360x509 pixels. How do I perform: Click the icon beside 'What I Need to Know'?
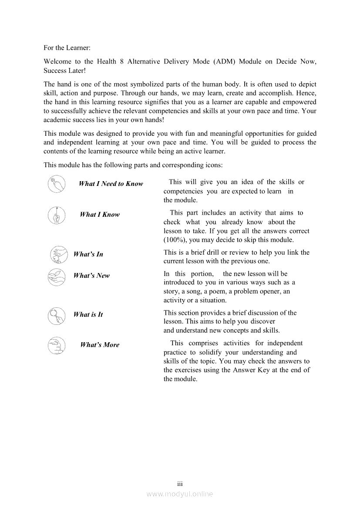pos(57,184)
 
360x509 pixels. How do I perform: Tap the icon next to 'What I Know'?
pos(57,215)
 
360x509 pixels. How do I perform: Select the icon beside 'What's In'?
pos(59,255)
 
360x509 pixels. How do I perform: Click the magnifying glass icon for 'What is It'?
pos(57,315)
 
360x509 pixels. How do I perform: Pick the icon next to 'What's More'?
pos(57,345)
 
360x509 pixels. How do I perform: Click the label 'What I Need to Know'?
pos(111,184)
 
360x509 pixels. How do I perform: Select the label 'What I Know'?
pos(100,215)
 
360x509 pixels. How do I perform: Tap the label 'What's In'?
pos(88,254)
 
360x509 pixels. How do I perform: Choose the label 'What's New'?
pos(91,276)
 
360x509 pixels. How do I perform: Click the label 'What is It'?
pos(88,314)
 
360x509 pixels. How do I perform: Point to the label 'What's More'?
pos(100,345)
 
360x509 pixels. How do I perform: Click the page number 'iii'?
pos(180,484)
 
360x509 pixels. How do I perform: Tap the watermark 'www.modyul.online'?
pos(180,494)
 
